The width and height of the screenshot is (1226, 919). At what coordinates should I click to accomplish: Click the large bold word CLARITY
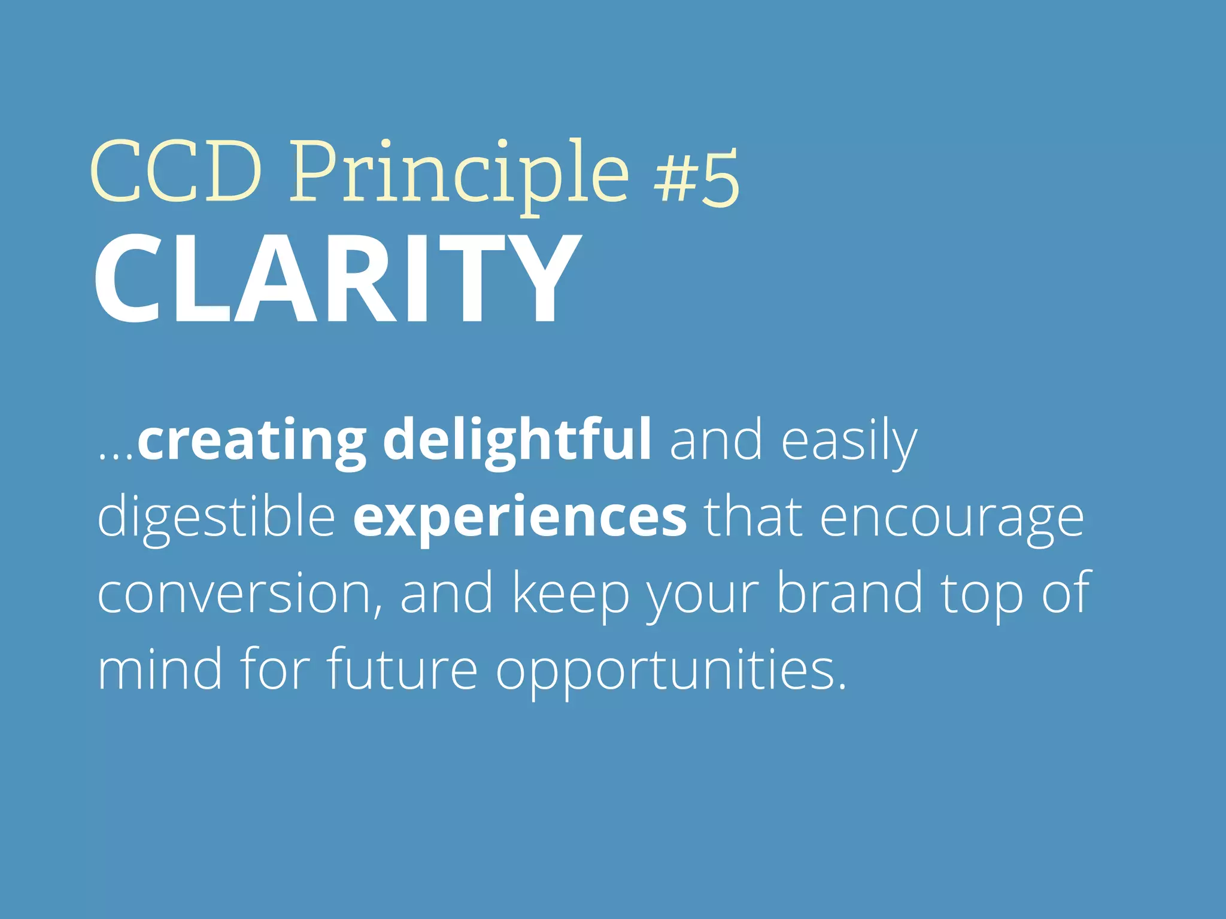coord(337,279)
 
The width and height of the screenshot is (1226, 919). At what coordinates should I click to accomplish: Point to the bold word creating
coord(251,442)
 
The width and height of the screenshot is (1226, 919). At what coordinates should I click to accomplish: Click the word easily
coord(848,442)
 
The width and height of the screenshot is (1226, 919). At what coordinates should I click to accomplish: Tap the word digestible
coord(216,517)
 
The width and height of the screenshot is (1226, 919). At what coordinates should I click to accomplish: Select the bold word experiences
coord(520,518)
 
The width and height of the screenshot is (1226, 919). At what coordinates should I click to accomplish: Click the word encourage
coord(951,518)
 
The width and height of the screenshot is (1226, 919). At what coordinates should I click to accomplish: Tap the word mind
coord(159,669)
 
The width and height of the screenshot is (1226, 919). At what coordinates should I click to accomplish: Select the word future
coord(402,669)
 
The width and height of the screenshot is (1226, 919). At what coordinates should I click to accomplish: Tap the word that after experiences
coord(752,517)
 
